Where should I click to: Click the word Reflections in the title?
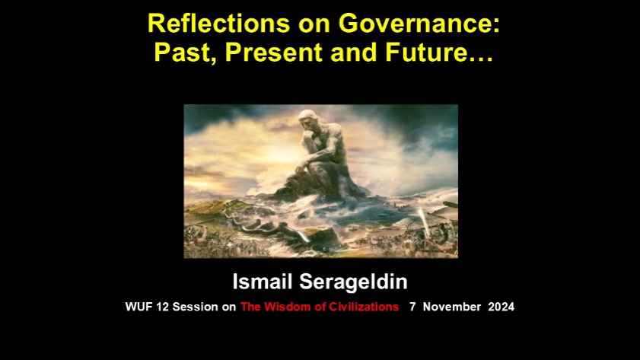[218, 24]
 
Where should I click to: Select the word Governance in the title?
[419, 24]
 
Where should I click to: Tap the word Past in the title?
[186, 53]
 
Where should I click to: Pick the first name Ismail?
[263, 282]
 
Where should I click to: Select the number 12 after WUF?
[162, 307]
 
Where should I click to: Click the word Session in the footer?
[195, 307]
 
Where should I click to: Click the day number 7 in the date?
[412, 307]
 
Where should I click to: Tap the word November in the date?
[452, 307]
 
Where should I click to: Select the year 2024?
[501, 307]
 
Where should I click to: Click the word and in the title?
[354, 52]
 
